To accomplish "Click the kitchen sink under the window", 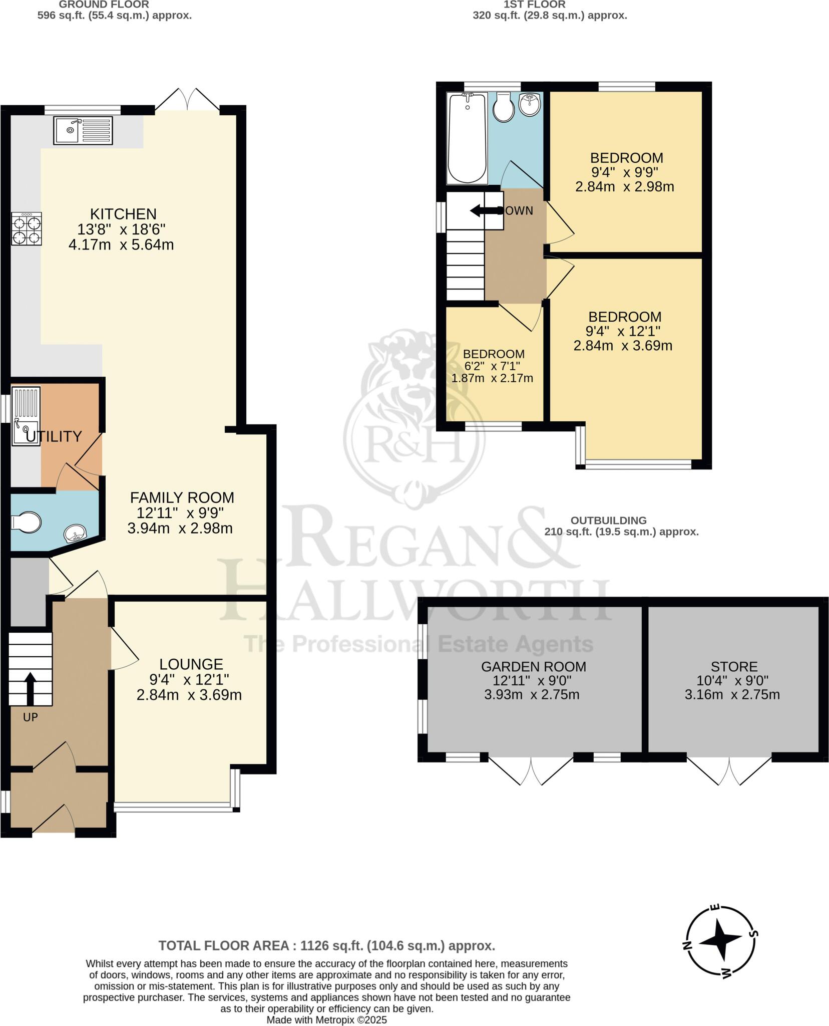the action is tap(83, 130).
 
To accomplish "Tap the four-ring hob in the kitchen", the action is tap(27, 229).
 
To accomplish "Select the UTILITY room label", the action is tap(54, 436).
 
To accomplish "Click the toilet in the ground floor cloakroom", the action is tap(26, 522).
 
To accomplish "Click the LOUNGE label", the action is tap(191, 664).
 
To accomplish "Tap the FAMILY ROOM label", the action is tap(182, 497).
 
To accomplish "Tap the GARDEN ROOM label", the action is tap(534, 667).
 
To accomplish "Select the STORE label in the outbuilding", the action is tap(734, 667).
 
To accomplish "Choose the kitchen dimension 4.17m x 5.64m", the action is tap(121, 245).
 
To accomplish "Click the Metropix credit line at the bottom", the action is tap(327, 1019).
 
